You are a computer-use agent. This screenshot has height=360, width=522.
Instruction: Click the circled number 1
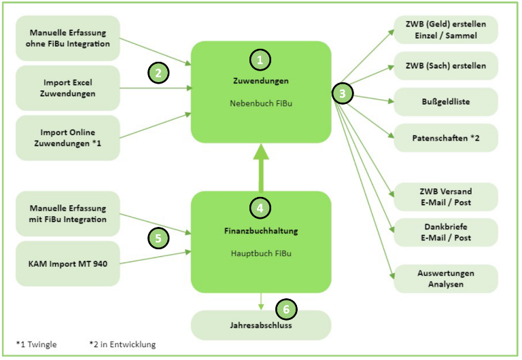point(260,60)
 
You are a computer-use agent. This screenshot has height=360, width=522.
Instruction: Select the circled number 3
point(343,94)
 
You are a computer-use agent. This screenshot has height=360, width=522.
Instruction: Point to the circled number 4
point(260,206)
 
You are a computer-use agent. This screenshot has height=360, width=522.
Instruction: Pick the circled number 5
point(158,238)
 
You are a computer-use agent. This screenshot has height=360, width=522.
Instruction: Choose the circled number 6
point(287,310)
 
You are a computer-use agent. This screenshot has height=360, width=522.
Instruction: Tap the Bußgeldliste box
point(445,102)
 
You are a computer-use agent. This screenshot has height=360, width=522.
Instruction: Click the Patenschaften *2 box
point(445,138)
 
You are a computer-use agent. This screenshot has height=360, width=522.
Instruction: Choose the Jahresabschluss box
point(261,325)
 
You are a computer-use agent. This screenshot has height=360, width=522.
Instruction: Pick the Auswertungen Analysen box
point(445,278)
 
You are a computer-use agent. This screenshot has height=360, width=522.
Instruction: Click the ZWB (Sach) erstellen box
point(445,66)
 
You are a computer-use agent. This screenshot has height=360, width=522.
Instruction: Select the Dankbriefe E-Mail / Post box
point(445,232)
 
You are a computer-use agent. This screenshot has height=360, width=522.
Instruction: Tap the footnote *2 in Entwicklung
point(122,344)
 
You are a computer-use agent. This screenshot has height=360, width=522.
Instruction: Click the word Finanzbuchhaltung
point(261,231)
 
